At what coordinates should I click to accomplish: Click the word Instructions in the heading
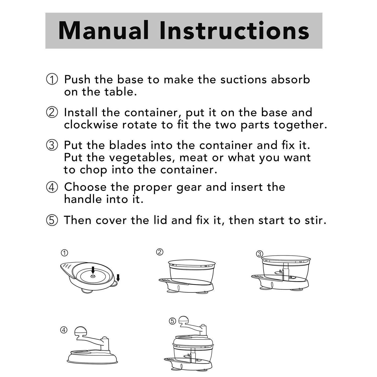point(234,31)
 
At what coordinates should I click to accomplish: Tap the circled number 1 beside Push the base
point(52,79)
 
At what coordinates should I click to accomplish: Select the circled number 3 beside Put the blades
point(52,145)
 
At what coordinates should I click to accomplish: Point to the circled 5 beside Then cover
point(52,220)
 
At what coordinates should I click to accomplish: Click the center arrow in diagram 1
point(93,270)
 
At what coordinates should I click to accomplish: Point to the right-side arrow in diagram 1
point(118,278)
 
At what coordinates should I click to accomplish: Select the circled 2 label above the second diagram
point(160,252)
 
